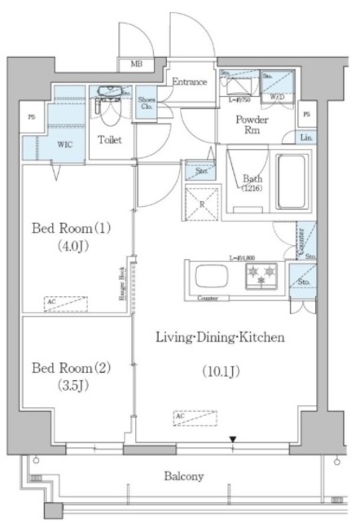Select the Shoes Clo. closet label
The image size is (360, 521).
point(147,102)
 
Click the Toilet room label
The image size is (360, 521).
point(110,140)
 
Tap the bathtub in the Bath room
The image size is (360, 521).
point(290,177)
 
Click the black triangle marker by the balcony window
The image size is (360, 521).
point(233,440)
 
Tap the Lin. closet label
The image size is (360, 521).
point(305,138)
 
